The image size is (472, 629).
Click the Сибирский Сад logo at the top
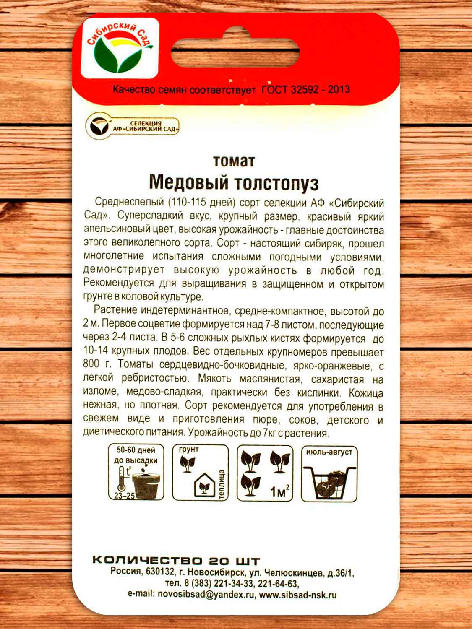120,48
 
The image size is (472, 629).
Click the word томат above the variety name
234,161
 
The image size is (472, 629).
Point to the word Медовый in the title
188,182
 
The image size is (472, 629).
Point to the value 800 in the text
91,364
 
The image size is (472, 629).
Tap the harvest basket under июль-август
329,480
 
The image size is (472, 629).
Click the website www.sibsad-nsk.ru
297,595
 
